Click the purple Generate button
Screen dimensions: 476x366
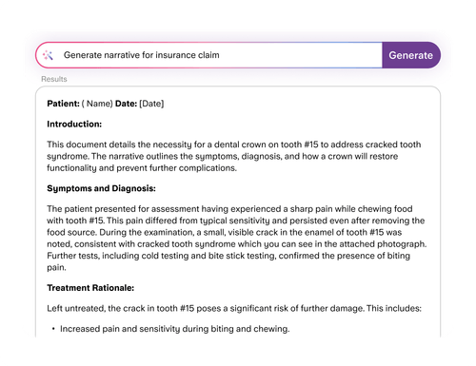coord(411,55)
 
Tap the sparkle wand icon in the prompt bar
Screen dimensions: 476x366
coord(49,56)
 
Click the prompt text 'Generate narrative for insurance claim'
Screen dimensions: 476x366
coord(142,56)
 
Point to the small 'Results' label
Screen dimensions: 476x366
coord(54,79)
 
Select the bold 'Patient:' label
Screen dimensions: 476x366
coord(64,102)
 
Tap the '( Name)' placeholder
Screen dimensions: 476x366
coord(98,102)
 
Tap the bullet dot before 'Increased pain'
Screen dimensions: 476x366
coord(51,329)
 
